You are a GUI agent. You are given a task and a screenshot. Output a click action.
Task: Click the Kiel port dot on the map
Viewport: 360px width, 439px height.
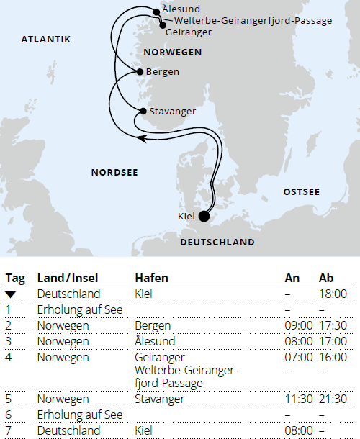(x=204, y=215)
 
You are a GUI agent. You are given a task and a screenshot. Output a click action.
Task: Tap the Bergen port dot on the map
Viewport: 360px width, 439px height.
(x=139, y=72)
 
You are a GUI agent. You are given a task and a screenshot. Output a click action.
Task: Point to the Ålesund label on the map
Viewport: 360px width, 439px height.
(x=176, y=9)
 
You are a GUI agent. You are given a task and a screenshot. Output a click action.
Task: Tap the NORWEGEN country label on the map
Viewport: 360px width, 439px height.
(x=172, y=53)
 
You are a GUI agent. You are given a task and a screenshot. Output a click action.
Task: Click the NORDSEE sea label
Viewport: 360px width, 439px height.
(x=114, y=172)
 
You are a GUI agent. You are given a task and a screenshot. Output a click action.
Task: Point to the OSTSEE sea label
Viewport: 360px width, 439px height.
(x=301, y=191)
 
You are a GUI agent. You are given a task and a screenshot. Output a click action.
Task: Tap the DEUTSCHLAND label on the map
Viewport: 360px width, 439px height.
(x=217, y=243)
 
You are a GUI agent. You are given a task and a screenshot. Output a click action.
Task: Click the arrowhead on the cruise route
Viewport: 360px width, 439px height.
(x=141, y=137)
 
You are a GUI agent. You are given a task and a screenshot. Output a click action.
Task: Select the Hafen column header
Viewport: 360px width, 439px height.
(x=151, y=278)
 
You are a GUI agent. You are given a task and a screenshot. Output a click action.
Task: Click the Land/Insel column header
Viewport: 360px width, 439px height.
(x=68, y=278)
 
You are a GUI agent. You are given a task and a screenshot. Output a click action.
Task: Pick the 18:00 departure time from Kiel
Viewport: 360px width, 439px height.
(x=333, y=294)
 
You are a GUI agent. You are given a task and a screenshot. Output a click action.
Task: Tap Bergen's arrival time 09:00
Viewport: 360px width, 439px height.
(x=299, y=325)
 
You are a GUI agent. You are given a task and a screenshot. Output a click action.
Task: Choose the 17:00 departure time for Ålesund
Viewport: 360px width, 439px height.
(x=333, y=341)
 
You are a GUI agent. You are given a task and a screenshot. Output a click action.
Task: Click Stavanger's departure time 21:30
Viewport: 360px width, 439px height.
(x=333, y=399)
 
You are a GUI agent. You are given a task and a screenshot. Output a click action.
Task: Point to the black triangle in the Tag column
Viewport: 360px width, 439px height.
(x=10, y=294)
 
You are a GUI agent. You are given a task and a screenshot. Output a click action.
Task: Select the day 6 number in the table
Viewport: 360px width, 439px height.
(x=9, y=415)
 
